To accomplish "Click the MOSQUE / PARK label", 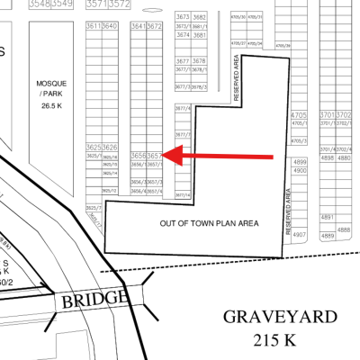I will click(51, 88).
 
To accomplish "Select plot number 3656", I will click(139, 155).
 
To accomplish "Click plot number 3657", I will click(155, 155).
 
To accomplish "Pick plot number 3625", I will click(94, 146).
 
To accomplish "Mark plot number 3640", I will click(111, 26).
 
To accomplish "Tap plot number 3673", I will click(183, 17).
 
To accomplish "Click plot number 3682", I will click(200, 17).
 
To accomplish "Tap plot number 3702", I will click(343, 115).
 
